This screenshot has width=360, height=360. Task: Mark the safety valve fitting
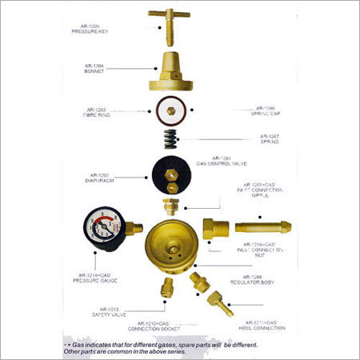[x=166, y=286]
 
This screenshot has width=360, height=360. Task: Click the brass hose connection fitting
[x=218, y=302]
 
